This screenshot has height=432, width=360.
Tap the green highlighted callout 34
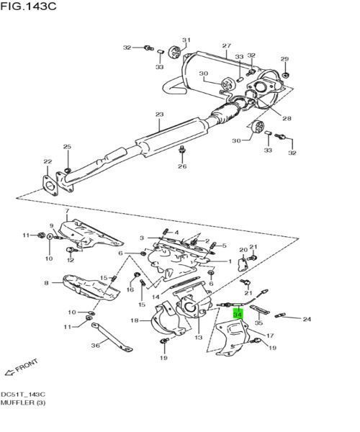(237, 315)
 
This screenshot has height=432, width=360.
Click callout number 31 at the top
(186, 40)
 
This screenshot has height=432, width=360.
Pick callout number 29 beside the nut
(284, 59)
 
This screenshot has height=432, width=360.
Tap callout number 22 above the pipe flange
(48, 161)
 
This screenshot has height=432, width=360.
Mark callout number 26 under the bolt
(182, 166)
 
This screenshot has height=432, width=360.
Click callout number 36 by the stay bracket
(96, 345)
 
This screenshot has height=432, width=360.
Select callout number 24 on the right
(306, 319)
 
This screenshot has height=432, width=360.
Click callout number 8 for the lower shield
(47, 283)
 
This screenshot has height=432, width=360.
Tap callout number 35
(258, 323)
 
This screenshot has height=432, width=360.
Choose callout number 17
(271, 336)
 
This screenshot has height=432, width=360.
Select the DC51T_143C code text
(23, 395)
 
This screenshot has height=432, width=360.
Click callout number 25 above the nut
(67, 147)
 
